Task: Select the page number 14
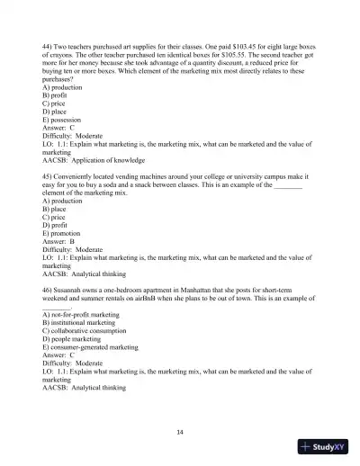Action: pyautogui.click(x=180, y=432)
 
